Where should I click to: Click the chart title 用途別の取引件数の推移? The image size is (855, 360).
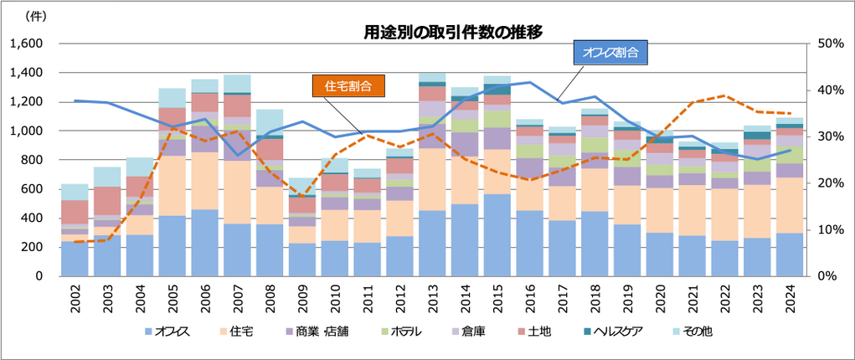click(x=453, y=33)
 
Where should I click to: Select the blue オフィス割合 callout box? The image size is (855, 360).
click(x=611, y=52)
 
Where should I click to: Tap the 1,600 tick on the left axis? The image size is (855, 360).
click(x=29, y=44)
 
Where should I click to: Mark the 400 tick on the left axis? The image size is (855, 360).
click(x=35, y=218)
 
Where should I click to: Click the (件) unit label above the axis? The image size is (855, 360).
click(x=37, y=16)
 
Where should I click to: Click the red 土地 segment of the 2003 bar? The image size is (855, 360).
click(x=108, y=201)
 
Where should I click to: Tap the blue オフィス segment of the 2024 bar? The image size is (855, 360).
click(x=789, y=255)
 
